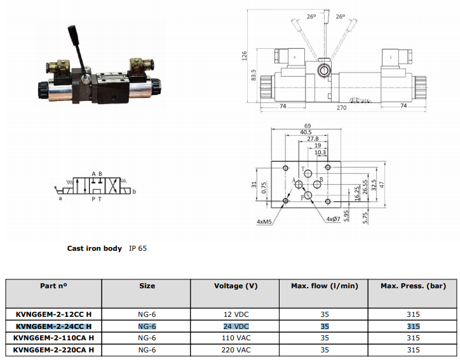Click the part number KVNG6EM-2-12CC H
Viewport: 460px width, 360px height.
click(x=53, y=314)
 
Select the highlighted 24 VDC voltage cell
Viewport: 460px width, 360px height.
click(x=236, y=326)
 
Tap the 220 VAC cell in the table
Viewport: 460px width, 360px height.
click(x=236, y=350)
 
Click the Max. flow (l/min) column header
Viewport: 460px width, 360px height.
click(x=325, y=286)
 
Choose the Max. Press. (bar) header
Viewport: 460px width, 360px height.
click(x=413, y=286)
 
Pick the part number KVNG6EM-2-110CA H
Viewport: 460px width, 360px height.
click(x=53, y=338)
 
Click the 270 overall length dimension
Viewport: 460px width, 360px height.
click(x=341, y=108)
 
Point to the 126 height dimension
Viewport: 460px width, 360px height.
click(x=244, y=56)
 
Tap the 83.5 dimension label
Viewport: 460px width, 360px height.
click(x=254, y=75)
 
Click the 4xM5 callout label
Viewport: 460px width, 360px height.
click(x=264, y=222)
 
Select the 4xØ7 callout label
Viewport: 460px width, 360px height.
click(x=334, y=219)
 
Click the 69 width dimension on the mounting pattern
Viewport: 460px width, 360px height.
click(x=308, y=126)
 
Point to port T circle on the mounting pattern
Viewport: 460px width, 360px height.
click(x=308, y=173)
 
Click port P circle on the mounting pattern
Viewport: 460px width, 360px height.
click(x=308, y=195)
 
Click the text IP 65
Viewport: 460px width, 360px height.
click(x=138, y=248)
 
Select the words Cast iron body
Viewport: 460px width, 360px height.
click(x=95, y=249)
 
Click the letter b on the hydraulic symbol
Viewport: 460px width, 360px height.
click(x=134, y=192)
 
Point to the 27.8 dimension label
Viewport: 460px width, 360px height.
click(x=313, y=138)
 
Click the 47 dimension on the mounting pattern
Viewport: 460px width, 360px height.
click(x=381, y=185)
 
